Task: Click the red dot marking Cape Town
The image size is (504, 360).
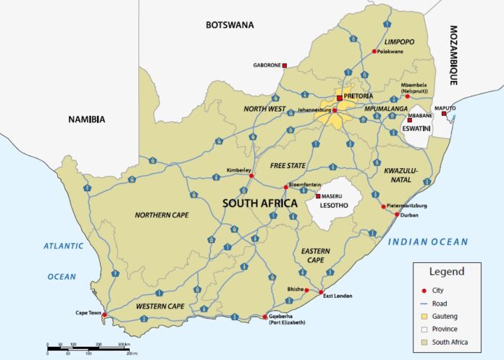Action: tap(104, 315)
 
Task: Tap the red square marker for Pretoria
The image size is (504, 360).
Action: tap(338, 97)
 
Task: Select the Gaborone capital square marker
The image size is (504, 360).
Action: tap(285, 65)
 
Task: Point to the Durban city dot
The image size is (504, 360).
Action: tap(396, 214)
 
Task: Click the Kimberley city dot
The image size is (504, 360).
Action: tap(251, 175)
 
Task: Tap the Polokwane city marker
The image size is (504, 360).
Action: tap(374, 51)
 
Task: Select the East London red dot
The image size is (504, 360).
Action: tap(321, 292)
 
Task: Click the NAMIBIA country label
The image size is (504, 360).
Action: tap(86, 120)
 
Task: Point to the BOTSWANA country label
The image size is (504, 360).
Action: tap(230, 25)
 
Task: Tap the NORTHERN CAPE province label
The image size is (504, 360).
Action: tap(162, 214)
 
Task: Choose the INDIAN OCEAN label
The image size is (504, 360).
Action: tap(428, 242)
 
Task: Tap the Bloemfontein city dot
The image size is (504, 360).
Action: tap(285, 187)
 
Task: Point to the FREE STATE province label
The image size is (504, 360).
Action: tap(287, 166)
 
